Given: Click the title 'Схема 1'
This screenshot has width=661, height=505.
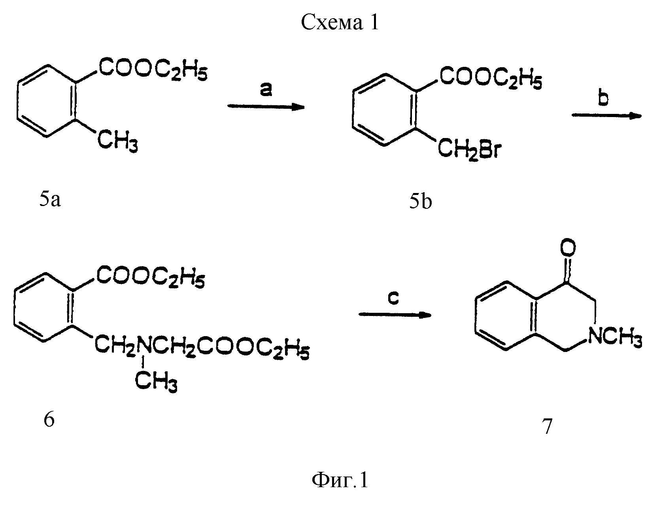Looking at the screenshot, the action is pos(339,22).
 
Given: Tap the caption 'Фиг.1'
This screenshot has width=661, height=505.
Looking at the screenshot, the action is pos(340,480).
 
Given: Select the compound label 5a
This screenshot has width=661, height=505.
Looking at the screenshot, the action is pos(50,200).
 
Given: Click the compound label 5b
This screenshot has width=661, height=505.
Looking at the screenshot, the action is pos(420,201).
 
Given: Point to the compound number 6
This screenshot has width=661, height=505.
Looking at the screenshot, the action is pos(49,419).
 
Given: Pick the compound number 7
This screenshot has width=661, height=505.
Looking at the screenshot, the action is pos(547,426).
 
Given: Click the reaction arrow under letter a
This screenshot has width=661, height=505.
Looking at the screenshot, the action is pos(266,107).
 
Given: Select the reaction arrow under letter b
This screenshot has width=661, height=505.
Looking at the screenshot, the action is pos(606,115).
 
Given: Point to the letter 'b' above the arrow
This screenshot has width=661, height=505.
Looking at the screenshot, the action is pos(603,98).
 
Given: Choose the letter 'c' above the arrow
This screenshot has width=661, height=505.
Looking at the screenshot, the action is pos(393,298).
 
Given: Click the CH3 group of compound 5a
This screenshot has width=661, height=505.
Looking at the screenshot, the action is pos(117,141).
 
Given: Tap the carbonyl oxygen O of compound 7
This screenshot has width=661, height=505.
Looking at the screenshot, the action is pos(568,248).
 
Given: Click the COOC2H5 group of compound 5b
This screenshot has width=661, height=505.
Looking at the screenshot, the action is pos(491,78).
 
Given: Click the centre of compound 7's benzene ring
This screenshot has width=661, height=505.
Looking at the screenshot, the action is pos(506,316).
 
